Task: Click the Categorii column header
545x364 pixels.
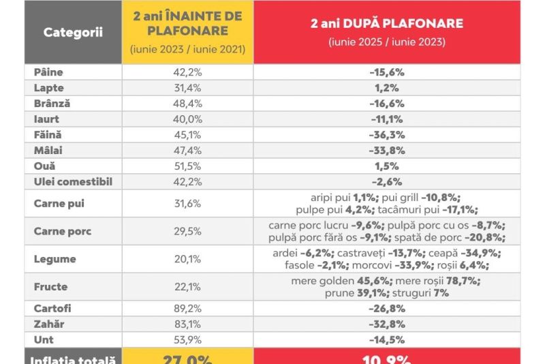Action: click(73, 32)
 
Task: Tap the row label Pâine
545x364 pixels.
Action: click(48, 72)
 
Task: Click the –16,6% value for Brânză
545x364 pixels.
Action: click(387, 104)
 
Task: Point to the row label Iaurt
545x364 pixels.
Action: click(47, 119)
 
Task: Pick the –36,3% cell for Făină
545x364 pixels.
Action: click(387, 135)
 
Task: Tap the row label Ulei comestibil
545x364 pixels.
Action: click(73, 182)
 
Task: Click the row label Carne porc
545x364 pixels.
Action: click(63, 231)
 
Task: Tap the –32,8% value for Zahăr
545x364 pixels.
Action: click(387, 324)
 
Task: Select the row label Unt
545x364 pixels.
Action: click(43, 339)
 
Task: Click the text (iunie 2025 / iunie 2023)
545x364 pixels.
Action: click(387, 42)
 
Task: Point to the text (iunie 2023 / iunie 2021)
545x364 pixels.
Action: click(187, 50)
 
